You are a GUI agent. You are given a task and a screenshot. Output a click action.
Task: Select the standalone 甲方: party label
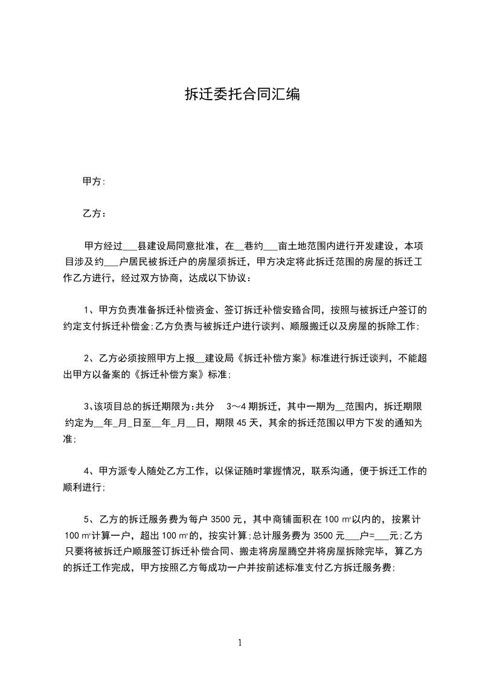coord(94,181)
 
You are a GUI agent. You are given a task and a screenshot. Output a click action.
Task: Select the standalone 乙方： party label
coord(94,214)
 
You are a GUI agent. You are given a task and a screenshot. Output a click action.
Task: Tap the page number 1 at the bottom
coord(240,643)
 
